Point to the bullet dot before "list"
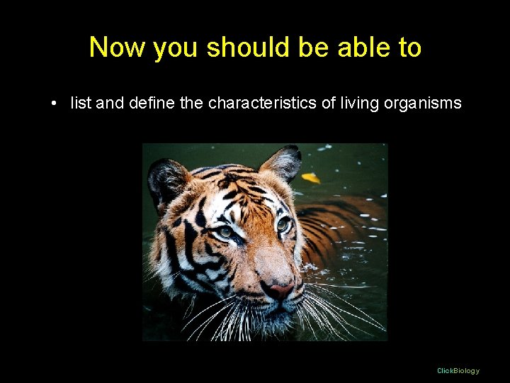point(54,104)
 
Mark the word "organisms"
point(423,104)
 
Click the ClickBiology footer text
point(458,370)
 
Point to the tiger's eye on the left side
point(225,231)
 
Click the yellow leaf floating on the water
point(310,177)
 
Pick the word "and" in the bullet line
point(109,104)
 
